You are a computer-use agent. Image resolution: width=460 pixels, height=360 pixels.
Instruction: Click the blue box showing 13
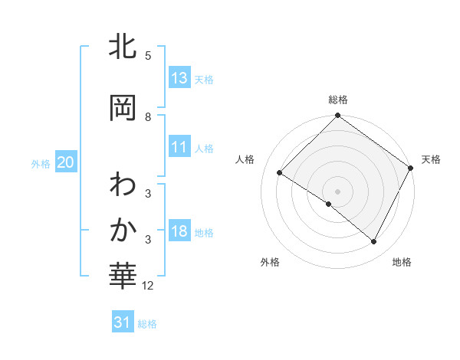tap(179, 78)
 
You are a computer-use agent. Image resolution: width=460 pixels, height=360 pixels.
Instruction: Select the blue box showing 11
tap(179, 147)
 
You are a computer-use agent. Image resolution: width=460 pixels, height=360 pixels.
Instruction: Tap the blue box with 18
tap(179, 231)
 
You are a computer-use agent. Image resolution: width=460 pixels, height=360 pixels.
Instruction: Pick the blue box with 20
tap(66, 162)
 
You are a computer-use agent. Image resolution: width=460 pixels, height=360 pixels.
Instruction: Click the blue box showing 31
tap(123, 322)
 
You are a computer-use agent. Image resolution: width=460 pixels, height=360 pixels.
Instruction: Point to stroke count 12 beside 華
tap(148, 286)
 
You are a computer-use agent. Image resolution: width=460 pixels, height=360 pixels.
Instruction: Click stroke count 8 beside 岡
tap(148, 117)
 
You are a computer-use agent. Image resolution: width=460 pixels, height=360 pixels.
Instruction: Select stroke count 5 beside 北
tap(148, 56)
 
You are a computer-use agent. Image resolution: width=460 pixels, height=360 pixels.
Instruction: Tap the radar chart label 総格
tap(338, 100)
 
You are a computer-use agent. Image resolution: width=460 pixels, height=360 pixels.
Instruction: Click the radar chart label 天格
tap(431, 159)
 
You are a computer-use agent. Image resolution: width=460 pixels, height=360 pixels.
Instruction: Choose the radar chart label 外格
tap(270, 263)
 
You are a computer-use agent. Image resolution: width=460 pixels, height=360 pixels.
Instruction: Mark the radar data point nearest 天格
tap(411, 167)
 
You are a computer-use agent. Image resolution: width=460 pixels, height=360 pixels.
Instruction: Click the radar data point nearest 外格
tap(329, 204)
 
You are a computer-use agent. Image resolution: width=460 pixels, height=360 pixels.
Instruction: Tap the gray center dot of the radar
tap(337, 191)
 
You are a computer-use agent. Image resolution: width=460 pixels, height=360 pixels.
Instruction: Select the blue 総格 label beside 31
tap(147, 324)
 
